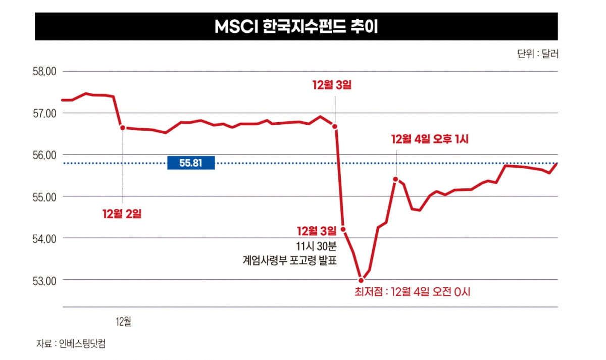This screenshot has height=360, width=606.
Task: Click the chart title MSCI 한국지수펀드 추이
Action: pos(296,26)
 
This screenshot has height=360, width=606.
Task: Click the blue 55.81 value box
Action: pos(191,163)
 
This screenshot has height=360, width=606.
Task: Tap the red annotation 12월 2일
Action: pos(122,214)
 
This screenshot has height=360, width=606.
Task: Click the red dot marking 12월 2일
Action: pos(122,128)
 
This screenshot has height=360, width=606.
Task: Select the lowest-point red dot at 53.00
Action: pos(361,280)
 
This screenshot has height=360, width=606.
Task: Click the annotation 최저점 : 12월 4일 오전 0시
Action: pos(413,292)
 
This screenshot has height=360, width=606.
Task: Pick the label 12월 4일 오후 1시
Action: pos(430,139)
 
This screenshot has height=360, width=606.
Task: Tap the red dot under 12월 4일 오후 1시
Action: pos(395,179)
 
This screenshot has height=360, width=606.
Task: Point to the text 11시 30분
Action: pos(315,246)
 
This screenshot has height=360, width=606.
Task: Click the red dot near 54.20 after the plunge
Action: pos(343,229)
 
